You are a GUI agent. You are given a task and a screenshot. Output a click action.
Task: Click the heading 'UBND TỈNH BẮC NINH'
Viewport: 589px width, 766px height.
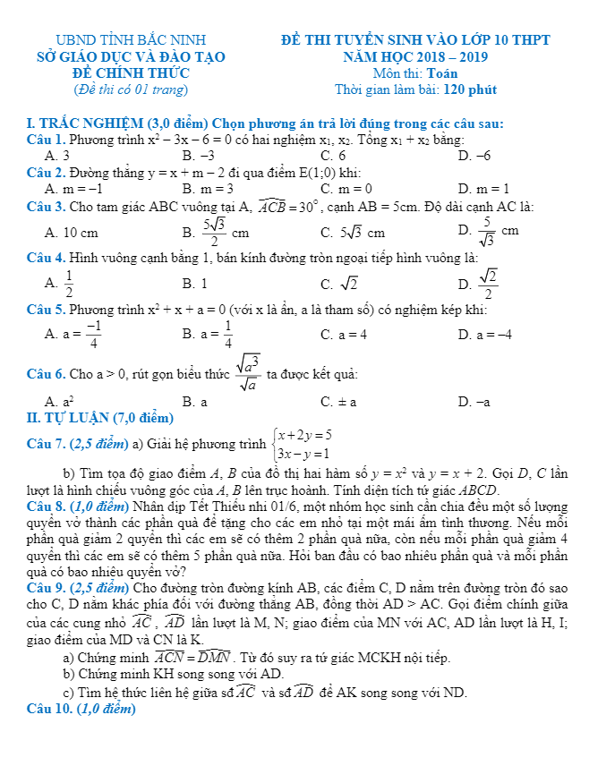(131, 40)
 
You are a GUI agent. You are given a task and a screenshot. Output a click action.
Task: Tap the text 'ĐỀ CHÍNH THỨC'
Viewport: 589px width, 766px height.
(131, 72)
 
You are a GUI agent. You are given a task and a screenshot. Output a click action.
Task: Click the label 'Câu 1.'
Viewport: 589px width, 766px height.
(47, 140)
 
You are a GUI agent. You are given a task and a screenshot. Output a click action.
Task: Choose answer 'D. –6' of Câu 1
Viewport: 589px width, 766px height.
(474, 156)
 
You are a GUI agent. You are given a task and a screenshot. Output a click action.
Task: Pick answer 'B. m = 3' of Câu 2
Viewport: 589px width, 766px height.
(207, 189)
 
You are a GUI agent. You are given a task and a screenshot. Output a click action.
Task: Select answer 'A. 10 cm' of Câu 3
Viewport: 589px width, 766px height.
(72, 233)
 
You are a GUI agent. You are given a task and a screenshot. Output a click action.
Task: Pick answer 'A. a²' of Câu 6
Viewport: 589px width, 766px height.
(59, 402)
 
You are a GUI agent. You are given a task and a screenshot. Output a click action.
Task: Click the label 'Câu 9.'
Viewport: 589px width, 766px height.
(47, 587)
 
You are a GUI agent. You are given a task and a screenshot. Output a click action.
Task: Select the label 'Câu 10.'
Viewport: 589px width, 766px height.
(50, 709)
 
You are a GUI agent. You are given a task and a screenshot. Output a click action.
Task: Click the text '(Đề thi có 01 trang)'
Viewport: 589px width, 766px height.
(131, 89)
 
